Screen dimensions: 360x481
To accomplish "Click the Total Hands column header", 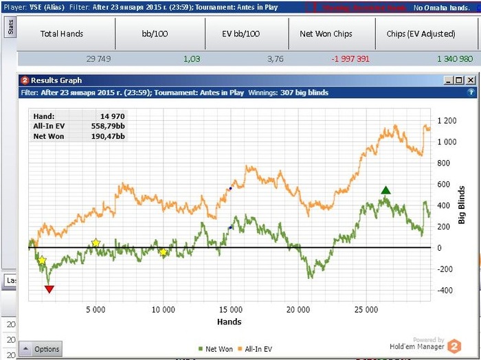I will (x=62, y=34).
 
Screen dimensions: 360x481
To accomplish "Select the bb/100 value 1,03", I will (x=192, y=59).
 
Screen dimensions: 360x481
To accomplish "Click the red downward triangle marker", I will (x=49, y=289).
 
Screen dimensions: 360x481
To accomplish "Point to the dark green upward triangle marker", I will (x=386, y=190).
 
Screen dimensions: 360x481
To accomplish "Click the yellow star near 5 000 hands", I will (x=96, y=243).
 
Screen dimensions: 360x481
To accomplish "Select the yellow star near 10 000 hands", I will (x=163, y=252).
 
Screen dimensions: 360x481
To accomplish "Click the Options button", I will (x=41, y=349).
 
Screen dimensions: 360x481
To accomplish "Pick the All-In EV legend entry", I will (x=254, y=349).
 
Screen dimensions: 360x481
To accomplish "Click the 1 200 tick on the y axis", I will (x=447, y=121).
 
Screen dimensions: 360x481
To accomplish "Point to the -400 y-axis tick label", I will (x=445, y=290).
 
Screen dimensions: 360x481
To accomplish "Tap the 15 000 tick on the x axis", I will (x=230, y=310).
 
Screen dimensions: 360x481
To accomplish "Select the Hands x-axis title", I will (x=229, y=322).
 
